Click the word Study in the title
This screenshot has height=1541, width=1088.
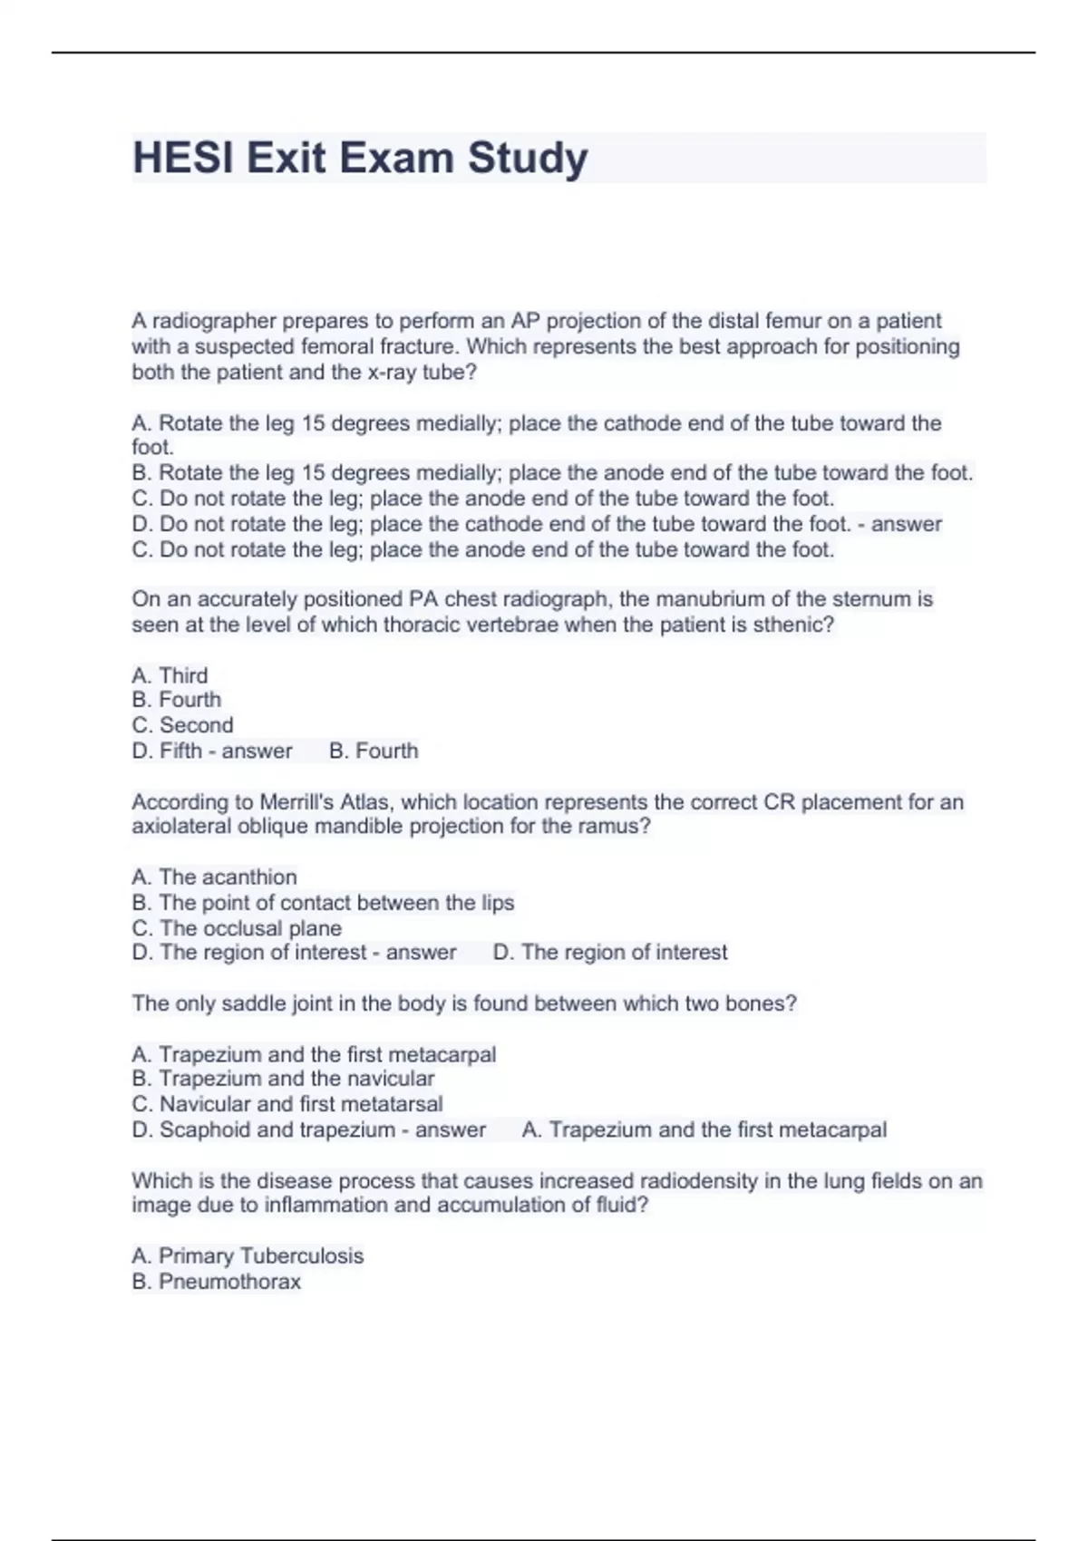528,158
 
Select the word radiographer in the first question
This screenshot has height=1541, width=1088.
214,321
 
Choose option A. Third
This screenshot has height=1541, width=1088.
170,675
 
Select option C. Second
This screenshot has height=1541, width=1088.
182,725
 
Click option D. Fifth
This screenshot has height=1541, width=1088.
169,751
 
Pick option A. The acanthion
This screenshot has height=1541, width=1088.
214,877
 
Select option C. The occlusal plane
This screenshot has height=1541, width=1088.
237,928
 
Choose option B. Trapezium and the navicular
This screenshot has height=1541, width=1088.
283,1079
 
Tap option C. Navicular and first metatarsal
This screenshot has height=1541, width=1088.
287,1104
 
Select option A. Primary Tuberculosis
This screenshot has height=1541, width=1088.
248,1255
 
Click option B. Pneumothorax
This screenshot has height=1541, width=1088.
217,1282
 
